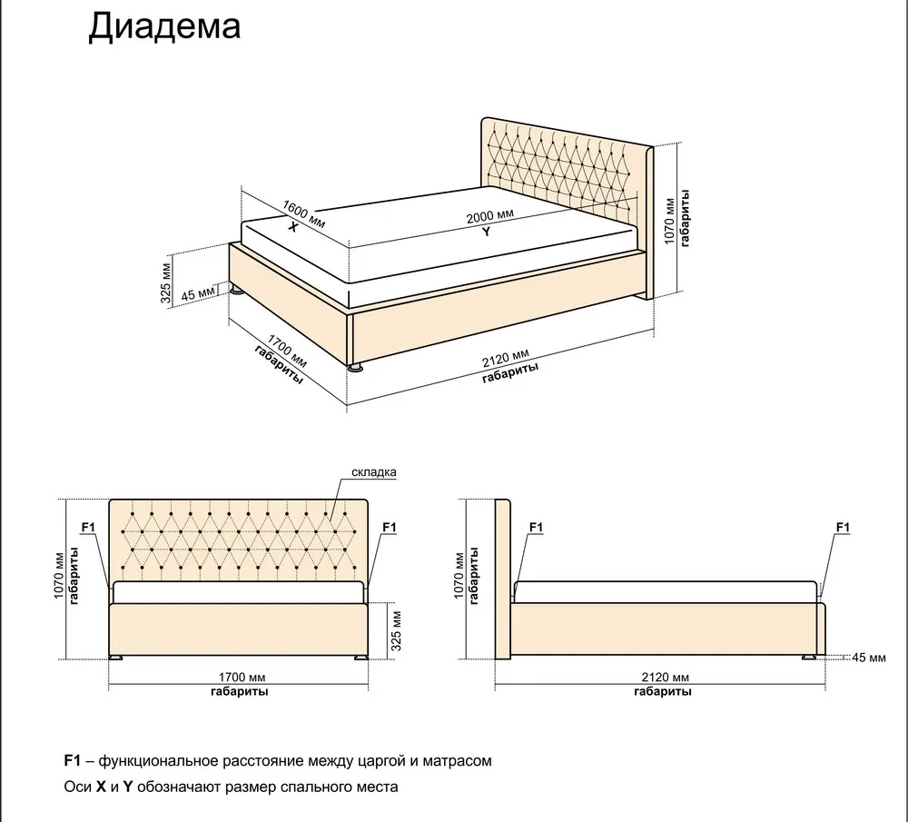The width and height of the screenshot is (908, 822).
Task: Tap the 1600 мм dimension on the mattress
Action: point(304,214)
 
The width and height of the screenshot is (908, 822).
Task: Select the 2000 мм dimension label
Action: point(490,216)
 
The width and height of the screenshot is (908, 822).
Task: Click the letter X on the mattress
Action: point(293,227)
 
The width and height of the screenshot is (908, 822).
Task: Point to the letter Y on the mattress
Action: point(487,232)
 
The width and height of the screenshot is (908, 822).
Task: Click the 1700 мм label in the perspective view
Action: point(287,351)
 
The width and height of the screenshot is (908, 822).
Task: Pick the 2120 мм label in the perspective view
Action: point(506,359)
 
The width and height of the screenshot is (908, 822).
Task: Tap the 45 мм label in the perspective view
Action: point(198,293)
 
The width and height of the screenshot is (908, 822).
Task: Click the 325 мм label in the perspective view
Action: point(166,283)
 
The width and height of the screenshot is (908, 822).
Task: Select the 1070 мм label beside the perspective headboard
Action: point(669,222)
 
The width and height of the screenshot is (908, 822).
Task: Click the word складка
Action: point(374,472)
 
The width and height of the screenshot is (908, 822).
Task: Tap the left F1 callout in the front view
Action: point(88,527)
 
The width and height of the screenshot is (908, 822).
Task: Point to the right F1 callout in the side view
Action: point(843,527)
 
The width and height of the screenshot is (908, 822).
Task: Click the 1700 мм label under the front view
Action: point(242,678)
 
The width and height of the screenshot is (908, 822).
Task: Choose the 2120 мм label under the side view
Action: point(666,678)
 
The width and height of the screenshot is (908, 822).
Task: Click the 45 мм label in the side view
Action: point(869,658)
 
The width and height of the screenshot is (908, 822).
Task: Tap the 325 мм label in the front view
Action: point(397,630)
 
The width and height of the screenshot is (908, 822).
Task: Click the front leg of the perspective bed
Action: point(354,367)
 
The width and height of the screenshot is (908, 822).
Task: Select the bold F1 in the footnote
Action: point(72,760)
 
